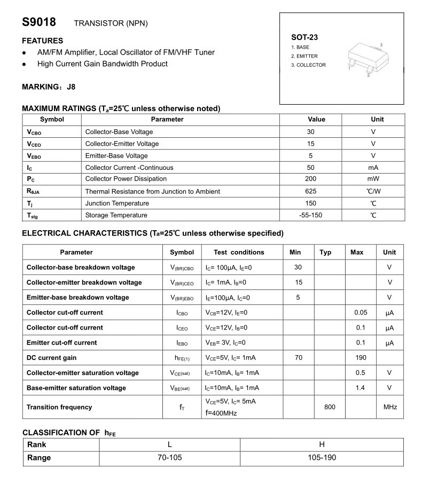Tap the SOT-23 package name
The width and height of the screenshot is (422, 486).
304,37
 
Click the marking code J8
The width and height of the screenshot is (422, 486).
71,87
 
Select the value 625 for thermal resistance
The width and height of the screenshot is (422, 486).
311,191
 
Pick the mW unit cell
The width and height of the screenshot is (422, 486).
373,179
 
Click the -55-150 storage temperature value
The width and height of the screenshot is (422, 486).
311,215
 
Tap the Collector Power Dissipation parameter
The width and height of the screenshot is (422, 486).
126,179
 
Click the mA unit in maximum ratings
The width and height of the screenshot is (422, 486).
373,167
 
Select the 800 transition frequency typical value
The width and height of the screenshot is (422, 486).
330,407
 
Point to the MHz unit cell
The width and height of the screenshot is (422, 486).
390,407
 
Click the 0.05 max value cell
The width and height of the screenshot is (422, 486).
361,312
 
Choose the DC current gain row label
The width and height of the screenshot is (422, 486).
52,358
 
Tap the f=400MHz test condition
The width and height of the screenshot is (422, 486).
221,413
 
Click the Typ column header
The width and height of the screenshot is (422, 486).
325,252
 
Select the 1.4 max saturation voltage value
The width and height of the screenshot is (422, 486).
361,388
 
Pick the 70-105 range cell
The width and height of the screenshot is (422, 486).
169,458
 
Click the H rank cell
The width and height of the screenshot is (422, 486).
322,444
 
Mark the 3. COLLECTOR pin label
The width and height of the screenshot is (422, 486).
308,65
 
